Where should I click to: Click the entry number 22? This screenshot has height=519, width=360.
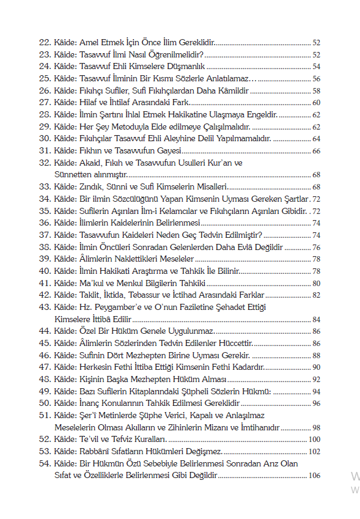pyautogui.click(x=44, y=43)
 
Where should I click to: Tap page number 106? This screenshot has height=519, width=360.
pyautogui.click(x=315, y=475)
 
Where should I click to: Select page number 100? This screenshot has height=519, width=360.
pyautogui.click(x=315, y=439)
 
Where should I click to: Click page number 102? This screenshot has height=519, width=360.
pyautogui.click(x=315, y=451)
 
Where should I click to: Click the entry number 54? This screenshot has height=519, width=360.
pyautogui.click(x=44, y=463)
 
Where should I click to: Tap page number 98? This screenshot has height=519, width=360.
pyautogui.click(x=317, y=427)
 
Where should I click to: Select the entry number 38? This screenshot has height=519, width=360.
pyautogui.click(x=44, y=246)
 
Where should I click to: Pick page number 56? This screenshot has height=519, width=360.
pyautogui.click(x=317, y=78)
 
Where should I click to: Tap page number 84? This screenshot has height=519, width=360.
pyautogui.click(x=317, y=318)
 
